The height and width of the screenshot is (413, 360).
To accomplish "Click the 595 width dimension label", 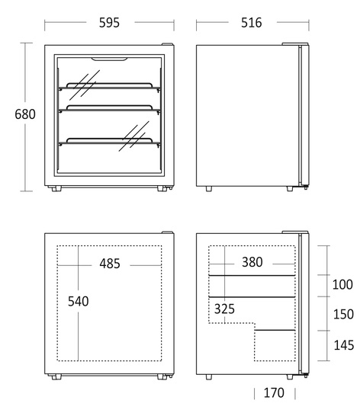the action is click(x=109, y=23).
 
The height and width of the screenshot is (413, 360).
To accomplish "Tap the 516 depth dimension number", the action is click(x=252, y=23).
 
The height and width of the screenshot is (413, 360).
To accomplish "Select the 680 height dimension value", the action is click(x=25, y=114).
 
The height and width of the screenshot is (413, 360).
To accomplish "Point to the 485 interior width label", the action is click(x=110, y=264).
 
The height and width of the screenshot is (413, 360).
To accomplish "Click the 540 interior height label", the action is click(x=79, y=301).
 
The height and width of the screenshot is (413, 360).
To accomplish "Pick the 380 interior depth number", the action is click(x=252, y=262).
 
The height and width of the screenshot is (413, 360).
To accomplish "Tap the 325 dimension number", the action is click(x=224, y=309).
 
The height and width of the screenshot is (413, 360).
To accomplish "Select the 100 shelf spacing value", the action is click(x=342, y=285).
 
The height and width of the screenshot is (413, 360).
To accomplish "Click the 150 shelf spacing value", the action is click(x=343, y=314).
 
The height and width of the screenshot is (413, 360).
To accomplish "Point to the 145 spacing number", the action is click(x=344, y=345).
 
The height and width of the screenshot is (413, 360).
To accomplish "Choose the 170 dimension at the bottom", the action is click(x=274, y=393).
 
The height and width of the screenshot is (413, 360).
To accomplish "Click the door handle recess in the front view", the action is click(x=110, y=59).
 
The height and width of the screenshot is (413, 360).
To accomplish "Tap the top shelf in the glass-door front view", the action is click(x=110, y=87).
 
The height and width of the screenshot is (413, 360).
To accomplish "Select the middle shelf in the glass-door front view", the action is click(x=110, y=109).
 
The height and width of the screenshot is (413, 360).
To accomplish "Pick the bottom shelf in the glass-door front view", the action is click(x=110, y=142).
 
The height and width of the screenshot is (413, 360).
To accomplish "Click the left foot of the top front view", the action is click(x=56, y=188).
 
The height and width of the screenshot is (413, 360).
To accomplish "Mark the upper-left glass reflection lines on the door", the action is click(x=85, y=85).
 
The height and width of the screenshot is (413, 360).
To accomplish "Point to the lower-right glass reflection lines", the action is click(x=134, y=136).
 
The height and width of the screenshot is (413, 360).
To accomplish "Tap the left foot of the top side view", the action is click(x=209, y=188).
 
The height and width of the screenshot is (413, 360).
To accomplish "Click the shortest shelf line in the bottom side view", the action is click(x=275, y=330).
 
